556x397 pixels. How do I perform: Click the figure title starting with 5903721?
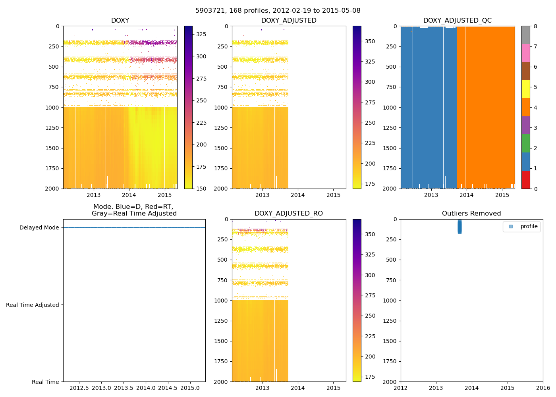coord(278,11)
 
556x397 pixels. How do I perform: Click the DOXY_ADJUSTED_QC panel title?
coord(458,21)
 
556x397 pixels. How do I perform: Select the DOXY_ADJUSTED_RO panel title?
coord(289,214)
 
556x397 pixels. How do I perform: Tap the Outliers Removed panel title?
coord(471,214)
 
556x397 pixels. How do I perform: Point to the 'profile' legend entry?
coord(529,227)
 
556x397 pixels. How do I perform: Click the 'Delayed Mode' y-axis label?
coord(39,228)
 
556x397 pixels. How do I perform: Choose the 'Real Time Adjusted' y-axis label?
coord(33,305)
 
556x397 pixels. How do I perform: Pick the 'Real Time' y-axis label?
coord(45,382)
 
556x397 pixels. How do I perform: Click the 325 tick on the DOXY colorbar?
coord(201,35)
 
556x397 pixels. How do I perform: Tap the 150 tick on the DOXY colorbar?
coord(201,189)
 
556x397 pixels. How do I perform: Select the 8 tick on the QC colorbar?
coord(535,27)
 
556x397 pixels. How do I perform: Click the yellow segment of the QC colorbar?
coord(525,89)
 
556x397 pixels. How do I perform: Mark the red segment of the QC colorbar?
coord(525,179)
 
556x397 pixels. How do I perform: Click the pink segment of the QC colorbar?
coord(525,53)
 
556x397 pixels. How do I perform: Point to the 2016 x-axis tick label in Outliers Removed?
coord(543,388)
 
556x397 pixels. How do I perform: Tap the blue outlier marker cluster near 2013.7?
coord(459,227)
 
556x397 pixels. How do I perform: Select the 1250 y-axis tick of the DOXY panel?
coord(52,128)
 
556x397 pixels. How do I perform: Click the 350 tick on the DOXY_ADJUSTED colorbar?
coord(370,41)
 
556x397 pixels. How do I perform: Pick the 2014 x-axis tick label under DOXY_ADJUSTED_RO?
coord(298,388)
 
